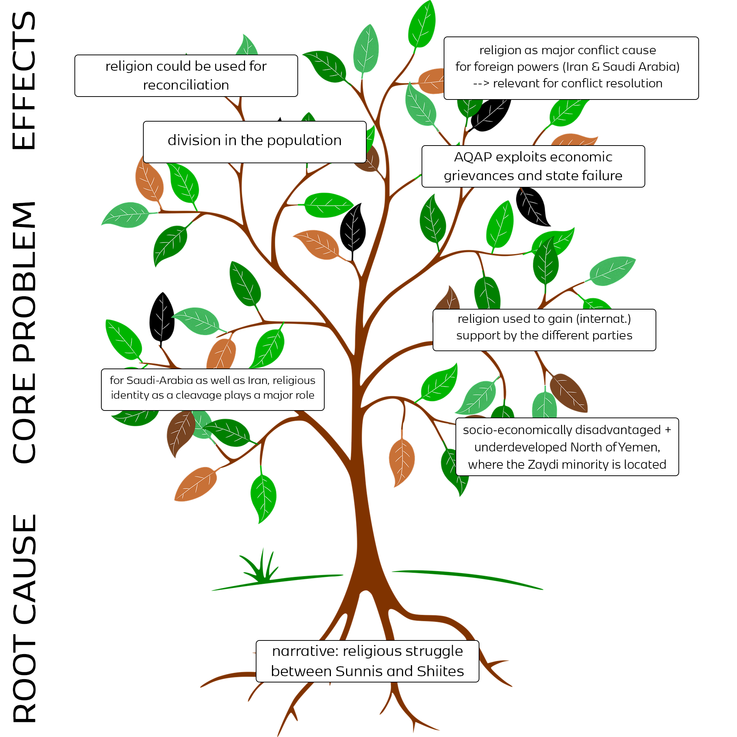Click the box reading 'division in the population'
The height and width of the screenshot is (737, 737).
tap(254, 142)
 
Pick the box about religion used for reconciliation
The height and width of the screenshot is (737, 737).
tap(186, 76)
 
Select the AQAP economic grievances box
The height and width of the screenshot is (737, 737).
tap(533, 166)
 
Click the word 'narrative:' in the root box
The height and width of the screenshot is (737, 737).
tap(305, 651)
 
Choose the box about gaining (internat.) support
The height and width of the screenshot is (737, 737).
tap(544, 329)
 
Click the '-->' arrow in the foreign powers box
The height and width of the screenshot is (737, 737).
tap(481, 83)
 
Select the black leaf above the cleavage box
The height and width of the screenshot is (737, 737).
tap(162, 317)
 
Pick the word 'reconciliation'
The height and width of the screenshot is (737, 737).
tap(186, 85)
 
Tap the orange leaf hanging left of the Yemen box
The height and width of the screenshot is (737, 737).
tap(401, 462)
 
